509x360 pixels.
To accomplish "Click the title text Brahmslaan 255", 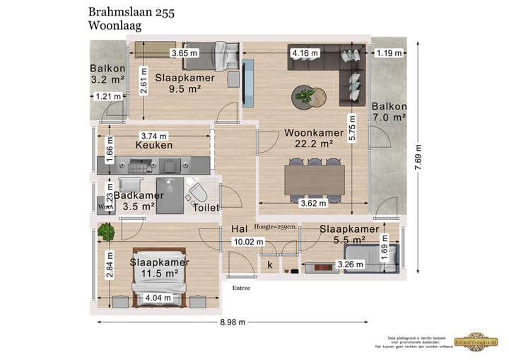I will click(132, 11).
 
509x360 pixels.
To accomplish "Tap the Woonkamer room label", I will click(314, 132).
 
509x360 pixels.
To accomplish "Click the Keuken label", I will click(154, 145).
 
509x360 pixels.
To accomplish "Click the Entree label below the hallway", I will click(241, 288).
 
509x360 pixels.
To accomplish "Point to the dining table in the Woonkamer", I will click(313, 179).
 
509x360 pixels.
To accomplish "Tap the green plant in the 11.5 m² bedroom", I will click(107, 231).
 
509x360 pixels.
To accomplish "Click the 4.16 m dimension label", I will click(305, 53).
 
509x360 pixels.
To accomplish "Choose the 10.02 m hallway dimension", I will click(247, 242).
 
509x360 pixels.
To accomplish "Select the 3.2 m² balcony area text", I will click(107, 80).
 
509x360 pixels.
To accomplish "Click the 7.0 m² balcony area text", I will click(388, 117).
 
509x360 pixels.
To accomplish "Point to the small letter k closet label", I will click(270, 265).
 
